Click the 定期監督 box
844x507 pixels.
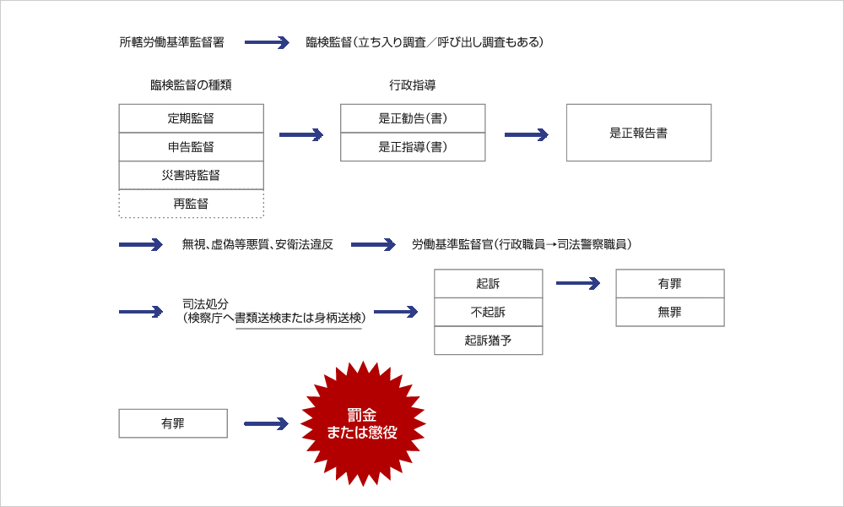pyautogui.click(x=191, y=118)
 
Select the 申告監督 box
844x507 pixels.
pyautogui.click(x=191, y=147)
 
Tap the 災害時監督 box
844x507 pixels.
pyautogui.click(x=191, y=175)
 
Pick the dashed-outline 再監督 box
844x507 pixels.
pyautogui.click(x=191, y=204)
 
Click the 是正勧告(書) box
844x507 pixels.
pyautogui.click(x=413, y=118)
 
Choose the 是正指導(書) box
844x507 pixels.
pyautogui.click(x=413, y=147)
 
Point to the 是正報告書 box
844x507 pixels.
pyautogui.click(x=638, y=133)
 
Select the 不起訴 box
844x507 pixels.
pyautogui.click(x=488, y=312)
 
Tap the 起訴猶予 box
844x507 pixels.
pyautogui.click(x=488, y=341)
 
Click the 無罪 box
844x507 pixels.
pyautogui.click(x=669, y=312)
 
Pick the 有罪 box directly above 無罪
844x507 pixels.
pyautogui.click(x=669, y=284)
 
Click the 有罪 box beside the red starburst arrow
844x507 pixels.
pyautogui.click(x=173, y=423)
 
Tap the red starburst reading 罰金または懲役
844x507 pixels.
pyautogui.click(x=363, y=422)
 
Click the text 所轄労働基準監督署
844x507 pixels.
pyautogui.click(x=172, y=42)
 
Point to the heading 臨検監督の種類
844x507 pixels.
pyautogui.click(x=191, y=85)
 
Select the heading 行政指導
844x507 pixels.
pyautogui.click(x=412, y=85)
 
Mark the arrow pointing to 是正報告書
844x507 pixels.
pyautogui.click(x=526, y=134)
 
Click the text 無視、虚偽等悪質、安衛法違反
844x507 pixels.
pyautogui.click(x=257, y=245)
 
